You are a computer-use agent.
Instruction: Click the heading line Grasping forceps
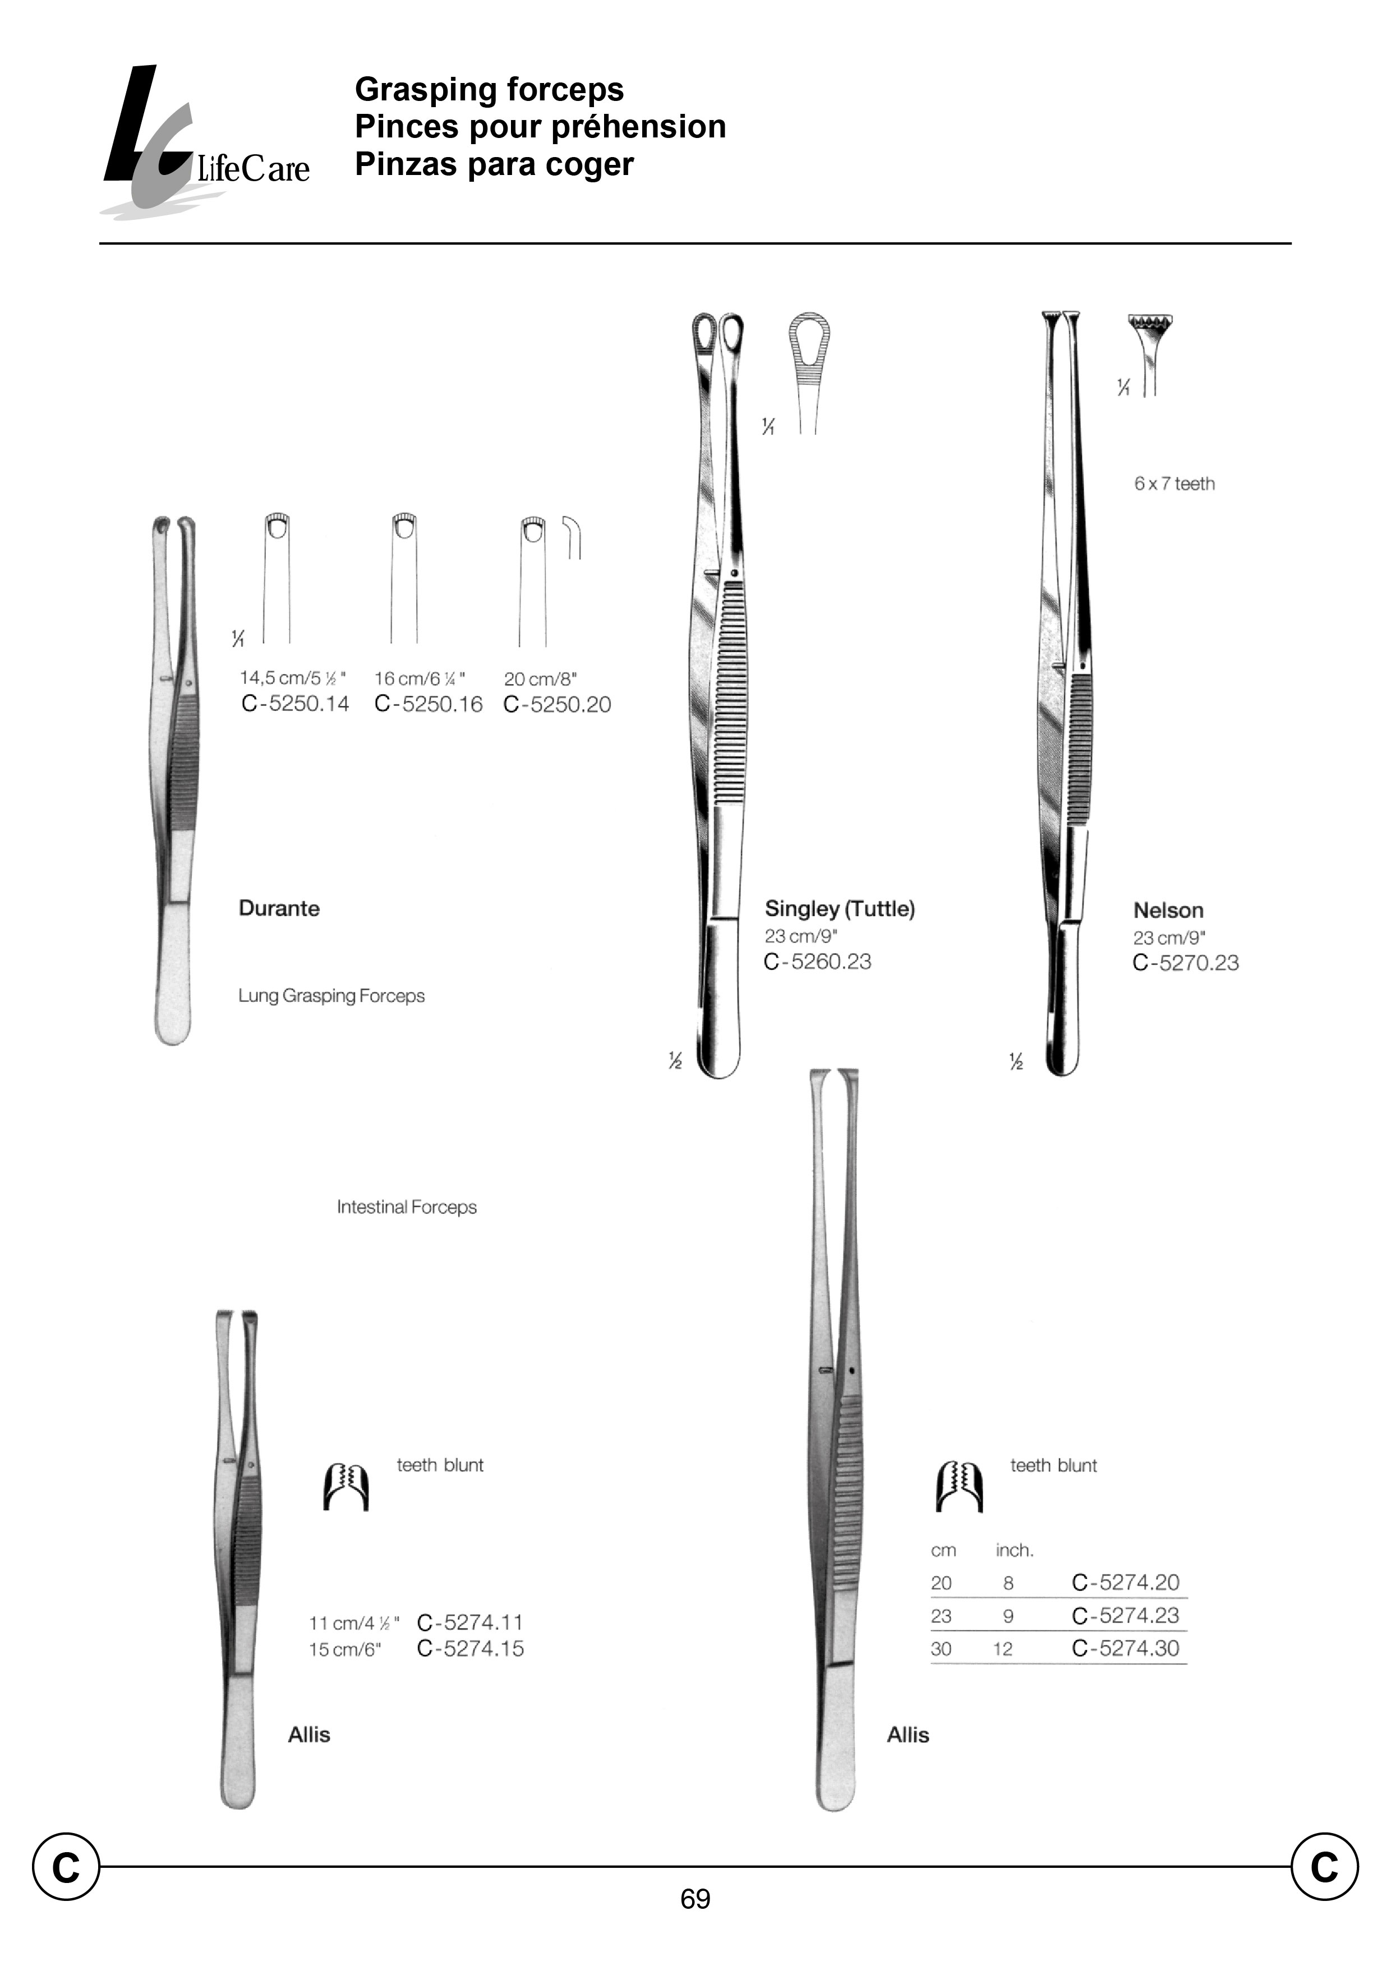pos(489,89)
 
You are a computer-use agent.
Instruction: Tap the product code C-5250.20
pos(558,704)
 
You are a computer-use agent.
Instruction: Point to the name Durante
pos(279,908)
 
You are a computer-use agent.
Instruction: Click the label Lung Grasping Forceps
pos(331,996)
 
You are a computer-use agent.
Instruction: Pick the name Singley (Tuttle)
pos(840,908)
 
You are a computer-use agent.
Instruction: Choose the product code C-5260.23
pos(817,961)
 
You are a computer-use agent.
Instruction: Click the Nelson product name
pos(1168,910)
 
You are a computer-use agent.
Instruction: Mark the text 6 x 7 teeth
pos(1174,484)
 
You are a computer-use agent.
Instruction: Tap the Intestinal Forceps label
pos(407,1207)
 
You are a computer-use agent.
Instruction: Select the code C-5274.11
pos(469,1623)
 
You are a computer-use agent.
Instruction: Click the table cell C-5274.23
pos(1126,1615)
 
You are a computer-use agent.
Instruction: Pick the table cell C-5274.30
pos(1126,1648)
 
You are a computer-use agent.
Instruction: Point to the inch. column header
pos(1015,1550)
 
